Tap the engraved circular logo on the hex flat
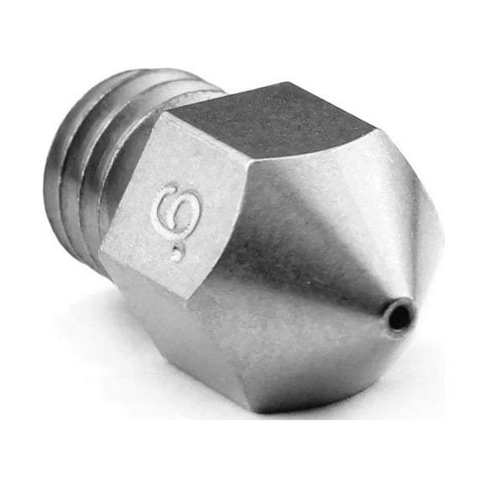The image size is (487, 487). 176,210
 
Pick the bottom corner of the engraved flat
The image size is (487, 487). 189,300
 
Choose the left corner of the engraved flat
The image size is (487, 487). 102,252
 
